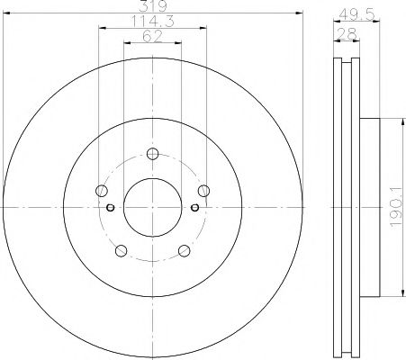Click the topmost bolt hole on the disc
click(151, 152)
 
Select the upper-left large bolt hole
click(100, 190)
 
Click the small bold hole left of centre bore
click(110, 208)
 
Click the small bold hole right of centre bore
click(194, 208)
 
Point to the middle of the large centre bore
click(151, 208)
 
